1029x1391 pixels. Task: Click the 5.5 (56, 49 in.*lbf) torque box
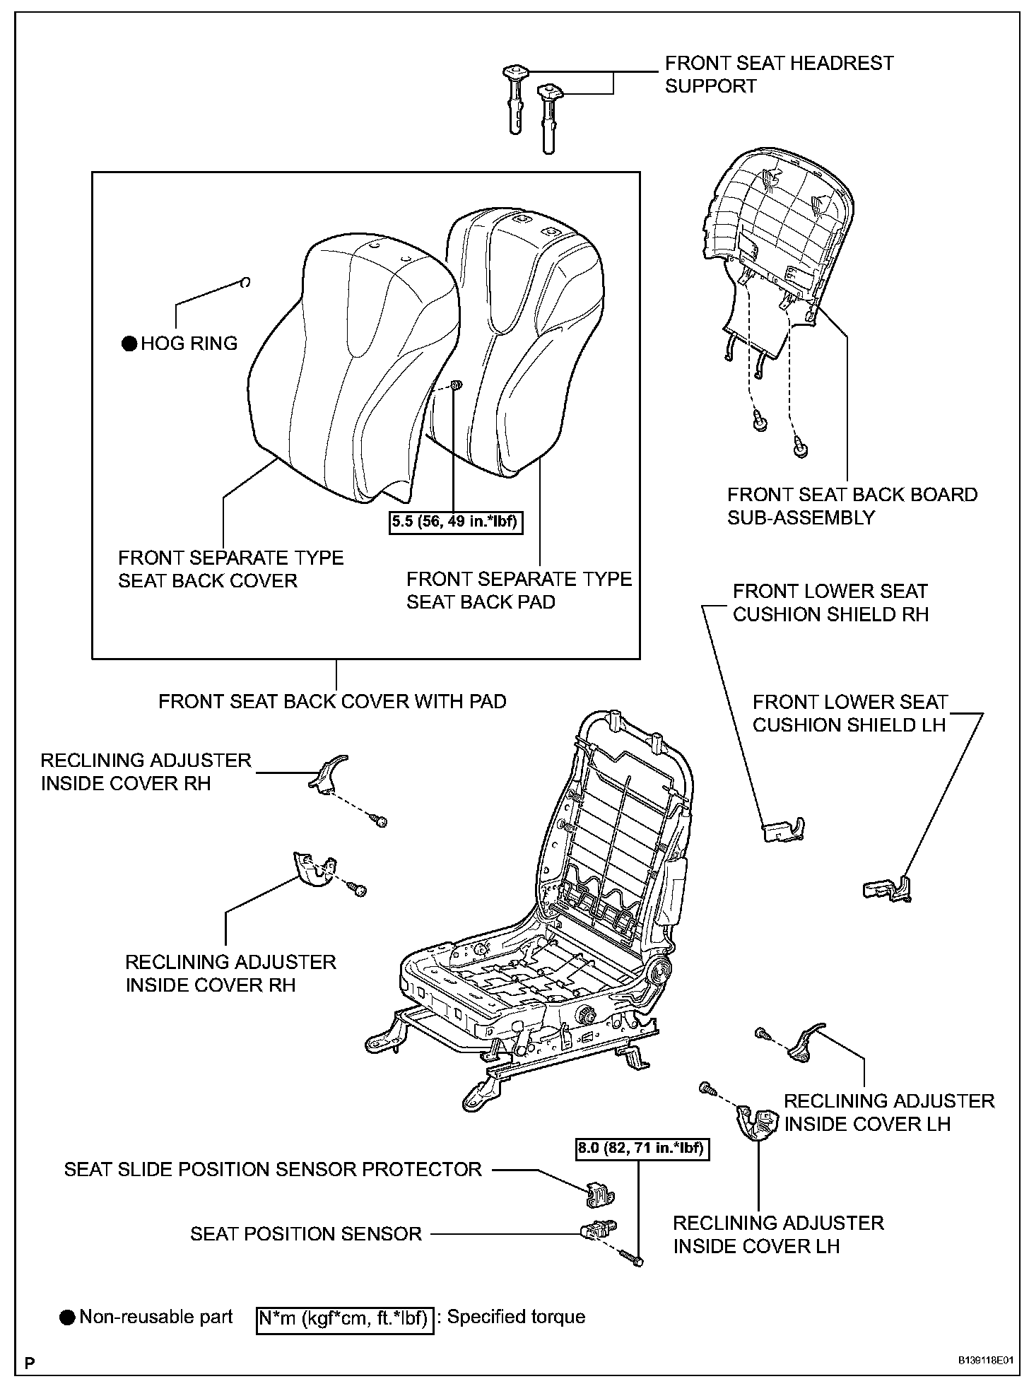point(456,523)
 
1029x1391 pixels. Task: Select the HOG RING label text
point(189,344)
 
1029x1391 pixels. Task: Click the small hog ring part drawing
point(245,283)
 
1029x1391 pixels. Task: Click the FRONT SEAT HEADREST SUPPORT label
point(779,74)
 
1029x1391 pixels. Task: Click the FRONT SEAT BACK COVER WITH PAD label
point(332,702)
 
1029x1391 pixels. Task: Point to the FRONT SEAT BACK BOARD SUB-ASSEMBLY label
point(852,506)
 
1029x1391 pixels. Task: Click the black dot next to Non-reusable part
point(67,1317)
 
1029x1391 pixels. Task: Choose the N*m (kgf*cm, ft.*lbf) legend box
point(343,1318)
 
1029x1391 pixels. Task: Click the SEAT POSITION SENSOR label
point(306,1234)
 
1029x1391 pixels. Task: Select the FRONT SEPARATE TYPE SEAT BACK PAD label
point(518,591)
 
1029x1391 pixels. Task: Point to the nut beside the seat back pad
point(456,385)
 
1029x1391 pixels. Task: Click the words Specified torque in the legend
point(516,1317)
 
